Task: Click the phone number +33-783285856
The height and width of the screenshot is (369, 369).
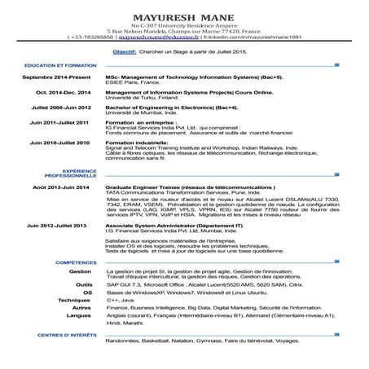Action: tap(90, 37)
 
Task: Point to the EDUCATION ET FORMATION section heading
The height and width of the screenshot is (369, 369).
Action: tap(55, 64)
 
